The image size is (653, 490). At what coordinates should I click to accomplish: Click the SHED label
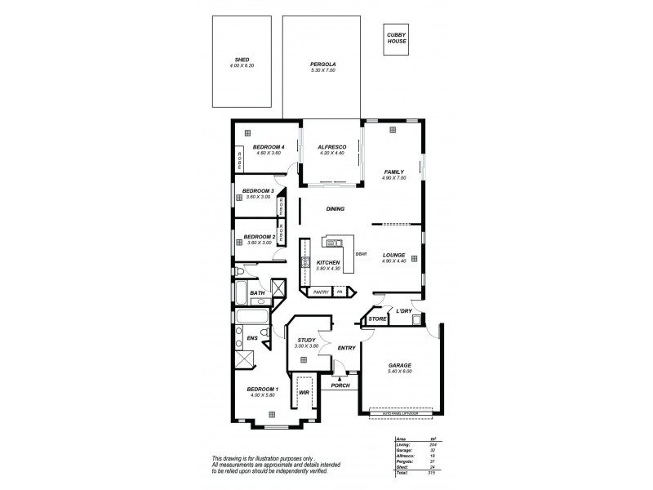[x=242, y=60]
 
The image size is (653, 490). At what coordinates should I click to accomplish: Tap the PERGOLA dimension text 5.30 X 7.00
[x=323, y=71]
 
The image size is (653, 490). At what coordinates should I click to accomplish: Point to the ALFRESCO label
[x=332, y=146]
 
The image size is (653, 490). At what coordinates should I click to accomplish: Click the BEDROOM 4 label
[x=269, y=146]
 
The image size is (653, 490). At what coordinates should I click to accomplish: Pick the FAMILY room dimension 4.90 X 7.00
[x=393, y=178]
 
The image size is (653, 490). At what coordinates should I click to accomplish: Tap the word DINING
[x=335, y=209]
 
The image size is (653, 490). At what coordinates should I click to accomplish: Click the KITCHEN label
[x=328, y=262]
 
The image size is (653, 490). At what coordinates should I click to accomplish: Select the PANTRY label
[x=320, y=291]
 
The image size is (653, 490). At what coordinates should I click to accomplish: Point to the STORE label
[x=376, y=318]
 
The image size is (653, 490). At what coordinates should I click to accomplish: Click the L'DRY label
[x=403, y=311]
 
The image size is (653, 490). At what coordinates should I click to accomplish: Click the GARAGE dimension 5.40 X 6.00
[x=399, y=372]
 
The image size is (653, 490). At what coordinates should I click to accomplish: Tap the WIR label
[x=303, y=393]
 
